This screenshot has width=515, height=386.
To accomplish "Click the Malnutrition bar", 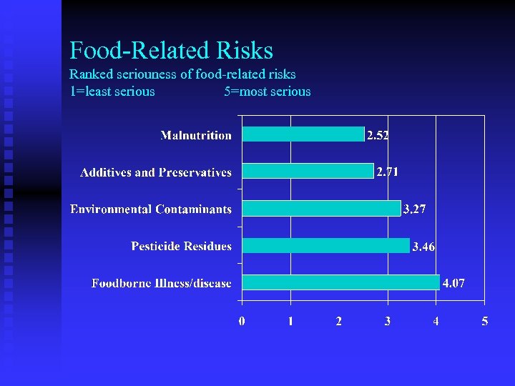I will point(303,134).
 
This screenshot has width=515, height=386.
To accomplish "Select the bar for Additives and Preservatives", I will point(308,172).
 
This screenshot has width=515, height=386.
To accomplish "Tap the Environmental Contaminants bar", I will point(321,208).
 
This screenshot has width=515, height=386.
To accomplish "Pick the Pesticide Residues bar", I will point(326,245).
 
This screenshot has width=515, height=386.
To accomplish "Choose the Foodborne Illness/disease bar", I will point(340,282).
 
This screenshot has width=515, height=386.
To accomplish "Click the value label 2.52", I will point(378,135).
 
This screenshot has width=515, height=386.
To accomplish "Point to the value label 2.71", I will point(388,172).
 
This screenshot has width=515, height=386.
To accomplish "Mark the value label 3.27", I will point(415,209).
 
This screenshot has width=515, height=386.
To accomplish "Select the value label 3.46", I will point(423,247).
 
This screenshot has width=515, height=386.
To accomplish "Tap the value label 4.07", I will point(453,283).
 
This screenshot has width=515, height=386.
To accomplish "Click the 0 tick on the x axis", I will point(242,322).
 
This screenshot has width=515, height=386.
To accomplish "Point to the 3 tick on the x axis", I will point(388,322).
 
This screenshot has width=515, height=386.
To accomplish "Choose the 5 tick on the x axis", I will point(484,322).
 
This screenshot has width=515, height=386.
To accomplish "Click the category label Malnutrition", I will point(196,135).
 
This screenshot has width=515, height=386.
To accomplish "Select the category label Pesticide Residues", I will point(181,246).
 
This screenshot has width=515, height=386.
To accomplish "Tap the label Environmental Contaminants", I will point(151,209).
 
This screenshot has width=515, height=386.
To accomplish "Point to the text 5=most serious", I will point(267,91).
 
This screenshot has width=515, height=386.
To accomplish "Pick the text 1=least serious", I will point(112,91).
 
